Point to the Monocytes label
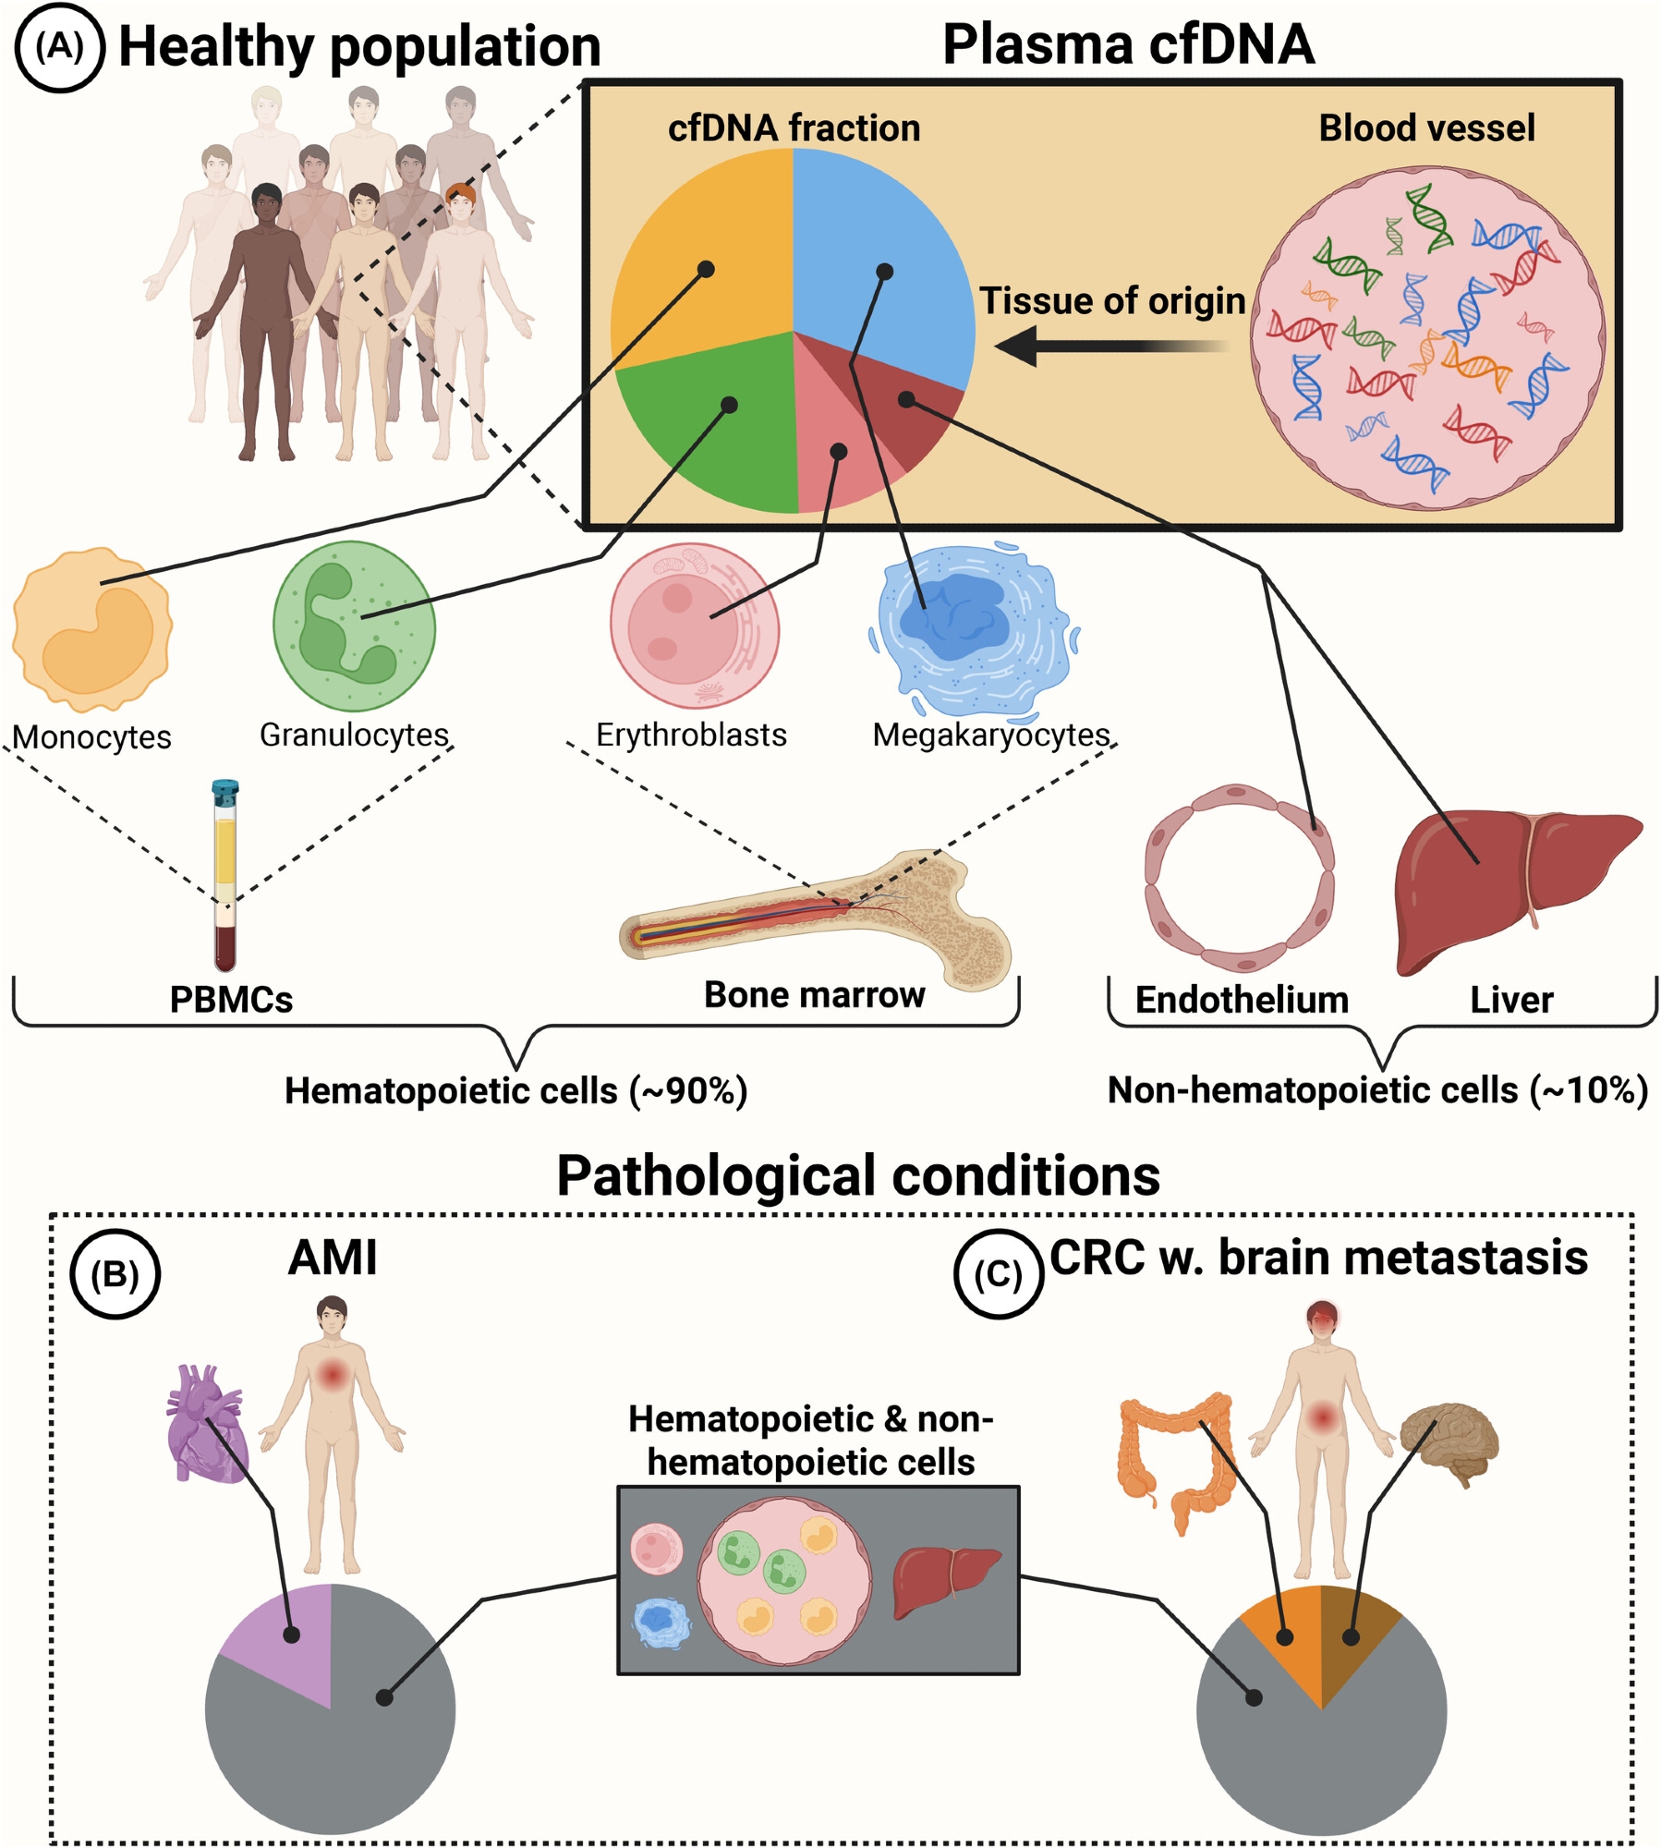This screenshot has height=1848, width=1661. point(92,737)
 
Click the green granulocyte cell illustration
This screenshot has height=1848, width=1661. point(354,626)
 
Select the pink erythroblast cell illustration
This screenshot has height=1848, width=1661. point(694,626)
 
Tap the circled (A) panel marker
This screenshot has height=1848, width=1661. point(60,47)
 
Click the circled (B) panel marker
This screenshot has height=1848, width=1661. point(115,1274)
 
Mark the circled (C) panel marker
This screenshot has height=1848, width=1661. point(999,1274)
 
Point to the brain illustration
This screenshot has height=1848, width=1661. point(1449,1441)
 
